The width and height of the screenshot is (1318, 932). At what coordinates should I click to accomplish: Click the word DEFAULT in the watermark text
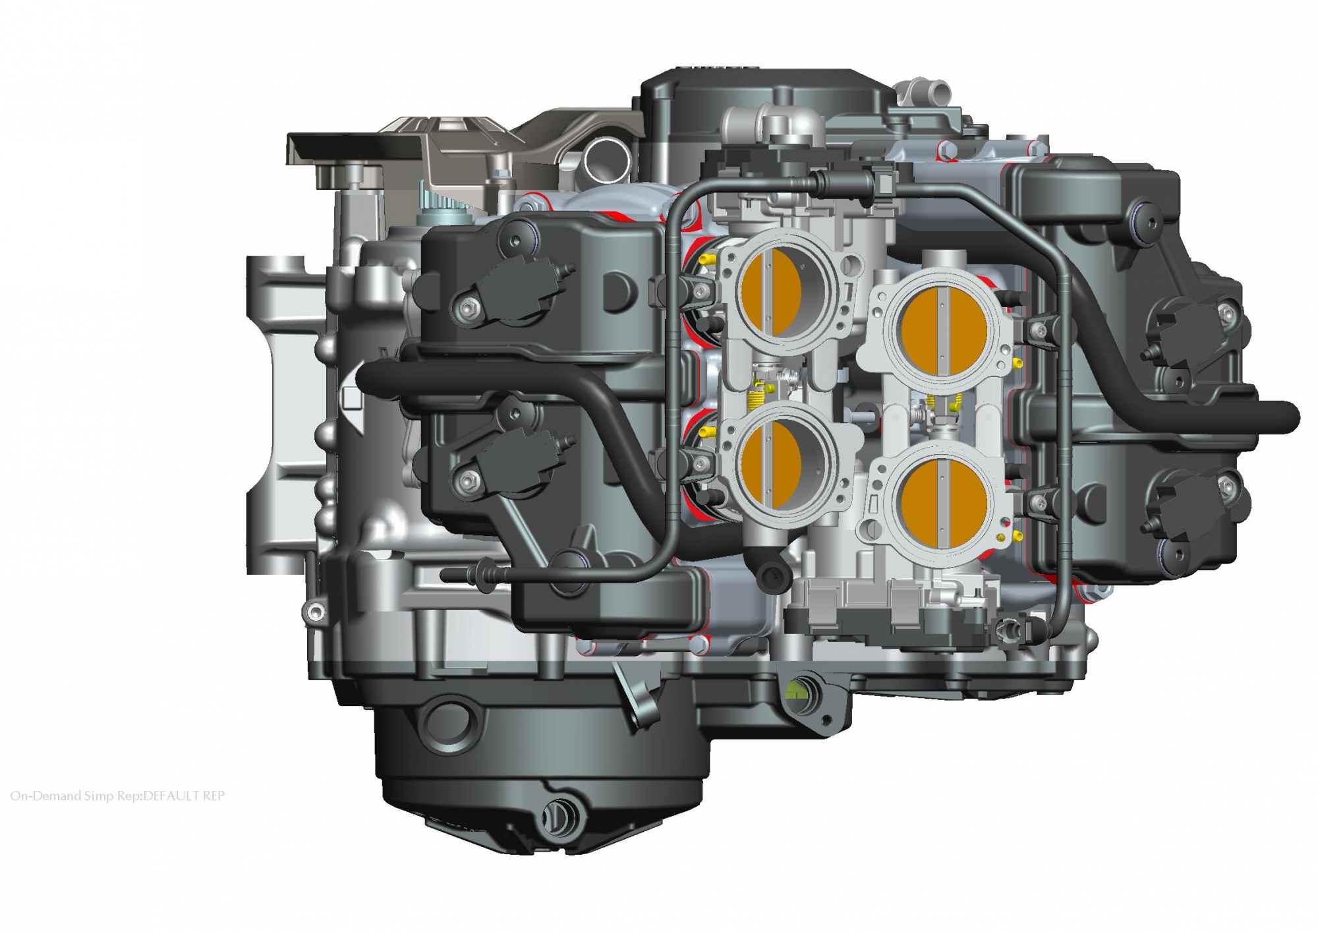coord(171,796)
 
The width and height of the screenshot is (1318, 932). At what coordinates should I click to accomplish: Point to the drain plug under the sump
coord(556,817)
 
